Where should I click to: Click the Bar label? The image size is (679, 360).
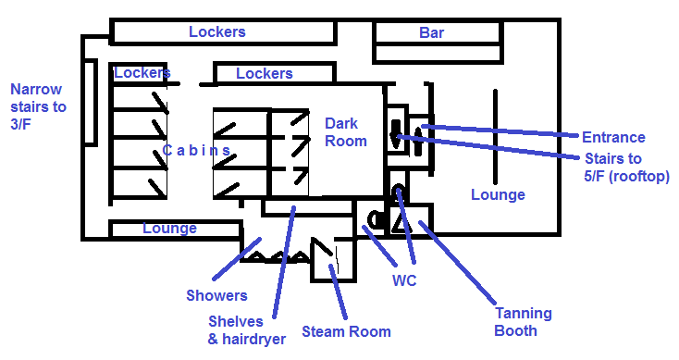click(x=431, y=32)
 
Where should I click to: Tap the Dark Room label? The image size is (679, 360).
click(x=346, y=132)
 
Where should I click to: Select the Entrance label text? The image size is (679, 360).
click(x=613, y=137)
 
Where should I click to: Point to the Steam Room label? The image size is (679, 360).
click(x=346, y=332)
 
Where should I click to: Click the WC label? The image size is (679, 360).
click(x=404, y=280)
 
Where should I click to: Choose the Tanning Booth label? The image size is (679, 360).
click(x=523, y=322)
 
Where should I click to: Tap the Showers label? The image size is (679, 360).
click(x=216, y=295)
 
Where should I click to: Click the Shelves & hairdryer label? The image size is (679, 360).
click(x=246, y=330)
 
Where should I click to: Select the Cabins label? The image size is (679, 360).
click(x=196, y=150)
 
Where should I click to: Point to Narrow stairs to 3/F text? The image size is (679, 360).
click(x=38, y=106)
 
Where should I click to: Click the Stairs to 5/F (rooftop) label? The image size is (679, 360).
click(x=626, y=168)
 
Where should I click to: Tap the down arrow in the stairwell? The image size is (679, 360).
click(x=395, y=134)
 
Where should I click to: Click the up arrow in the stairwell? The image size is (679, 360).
click(x=417, y=140)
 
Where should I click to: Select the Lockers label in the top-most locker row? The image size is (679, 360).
click(x=217, y=32)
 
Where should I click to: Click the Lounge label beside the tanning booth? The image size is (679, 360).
click(x=498, y=195)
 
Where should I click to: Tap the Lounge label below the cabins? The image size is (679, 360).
click(x=170, y=229)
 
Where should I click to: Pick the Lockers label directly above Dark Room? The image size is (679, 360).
click(x=265, y=74)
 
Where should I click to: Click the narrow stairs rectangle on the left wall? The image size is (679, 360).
click(x=90, y=103)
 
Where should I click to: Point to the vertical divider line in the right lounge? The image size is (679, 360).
click(x=496, y=137)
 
